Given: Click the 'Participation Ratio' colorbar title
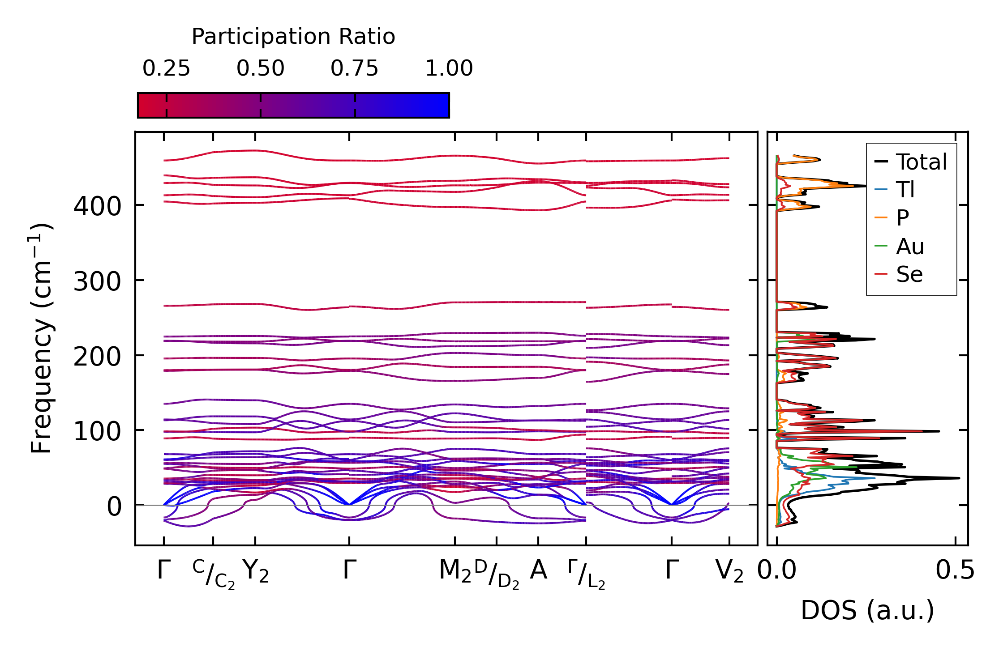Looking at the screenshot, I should click(x=293, y=36).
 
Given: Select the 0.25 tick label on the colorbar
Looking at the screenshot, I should click(x=166, y=68).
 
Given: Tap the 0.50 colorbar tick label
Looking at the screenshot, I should click(x=261, y=68).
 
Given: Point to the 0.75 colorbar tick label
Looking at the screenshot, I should click(x=355, y=68).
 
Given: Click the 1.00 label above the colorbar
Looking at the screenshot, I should click(x=449, y=68).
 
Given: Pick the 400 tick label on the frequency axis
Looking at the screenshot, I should click(x=97, y=207).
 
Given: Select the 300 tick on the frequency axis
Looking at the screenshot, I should click(x=97, y=282).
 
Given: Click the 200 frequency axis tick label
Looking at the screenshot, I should click(x=97, y=357).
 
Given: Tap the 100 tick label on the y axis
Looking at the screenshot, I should click(x=97, y=432).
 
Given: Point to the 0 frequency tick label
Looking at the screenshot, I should click(x=114, y=507).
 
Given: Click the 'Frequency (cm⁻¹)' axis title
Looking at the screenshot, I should click(x=41, y=339).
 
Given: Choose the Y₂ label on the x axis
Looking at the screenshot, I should click(x=256, y=571).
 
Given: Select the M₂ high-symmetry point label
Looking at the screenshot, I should click(x=455, y=571).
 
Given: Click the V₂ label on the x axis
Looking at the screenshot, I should click(x=729, y=571).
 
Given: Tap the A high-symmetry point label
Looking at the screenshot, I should click(x=538, y=570).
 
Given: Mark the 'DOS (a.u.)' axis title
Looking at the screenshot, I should click(x=867, y=610).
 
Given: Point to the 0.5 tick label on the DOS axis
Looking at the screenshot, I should click(x=955, y=570).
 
